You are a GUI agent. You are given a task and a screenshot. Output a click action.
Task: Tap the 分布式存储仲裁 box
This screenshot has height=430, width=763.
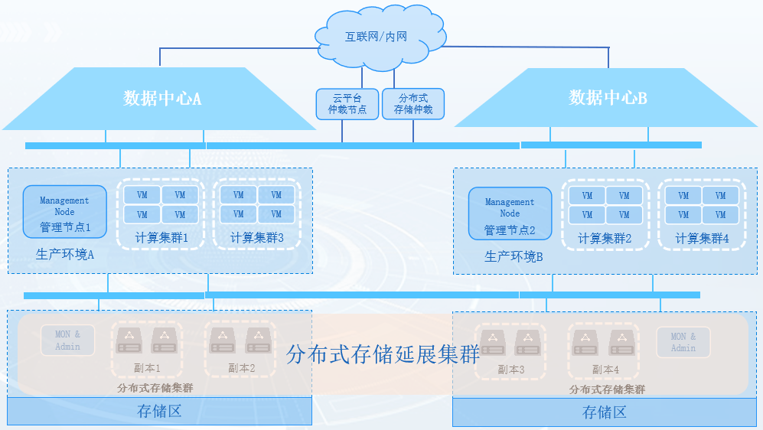point(413,104)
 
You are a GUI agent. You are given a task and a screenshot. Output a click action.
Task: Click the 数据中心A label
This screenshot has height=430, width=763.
point(162,98)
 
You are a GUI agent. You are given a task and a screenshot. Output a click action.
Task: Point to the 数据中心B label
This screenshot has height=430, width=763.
point(608,98)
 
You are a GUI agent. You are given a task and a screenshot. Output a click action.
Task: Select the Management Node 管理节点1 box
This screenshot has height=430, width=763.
point(65,211)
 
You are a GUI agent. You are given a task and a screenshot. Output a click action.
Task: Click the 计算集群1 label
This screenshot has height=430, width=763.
point(161,238)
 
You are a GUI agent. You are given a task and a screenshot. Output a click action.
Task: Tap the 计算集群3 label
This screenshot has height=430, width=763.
point(257,238)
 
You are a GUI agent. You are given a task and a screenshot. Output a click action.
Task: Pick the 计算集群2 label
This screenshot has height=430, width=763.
point(605,239)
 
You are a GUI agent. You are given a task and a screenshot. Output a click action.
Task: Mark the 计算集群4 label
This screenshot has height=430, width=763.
point(702,239)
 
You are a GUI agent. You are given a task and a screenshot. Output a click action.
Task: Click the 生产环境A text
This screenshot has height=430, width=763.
point(65,255)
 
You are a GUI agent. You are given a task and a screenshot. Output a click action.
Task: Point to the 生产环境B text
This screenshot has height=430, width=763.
point(514,256)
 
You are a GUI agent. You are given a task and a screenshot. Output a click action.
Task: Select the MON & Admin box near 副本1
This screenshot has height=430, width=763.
point(67,340)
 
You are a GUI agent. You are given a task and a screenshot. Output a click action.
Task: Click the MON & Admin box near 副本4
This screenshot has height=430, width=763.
point(683,342)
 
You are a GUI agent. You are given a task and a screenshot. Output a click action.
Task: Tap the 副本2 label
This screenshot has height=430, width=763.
point(241,368)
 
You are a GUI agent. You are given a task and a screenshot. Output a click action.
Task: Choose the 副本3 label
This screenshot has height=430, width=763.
point(510,370)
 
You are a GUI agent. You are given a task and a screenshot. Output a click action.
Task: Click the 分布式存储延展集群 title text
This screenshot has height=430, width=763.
point(383,354)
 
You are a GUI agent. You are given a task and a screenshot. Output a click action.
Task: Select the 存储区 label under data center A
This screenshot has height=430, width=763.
point(159,411)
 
